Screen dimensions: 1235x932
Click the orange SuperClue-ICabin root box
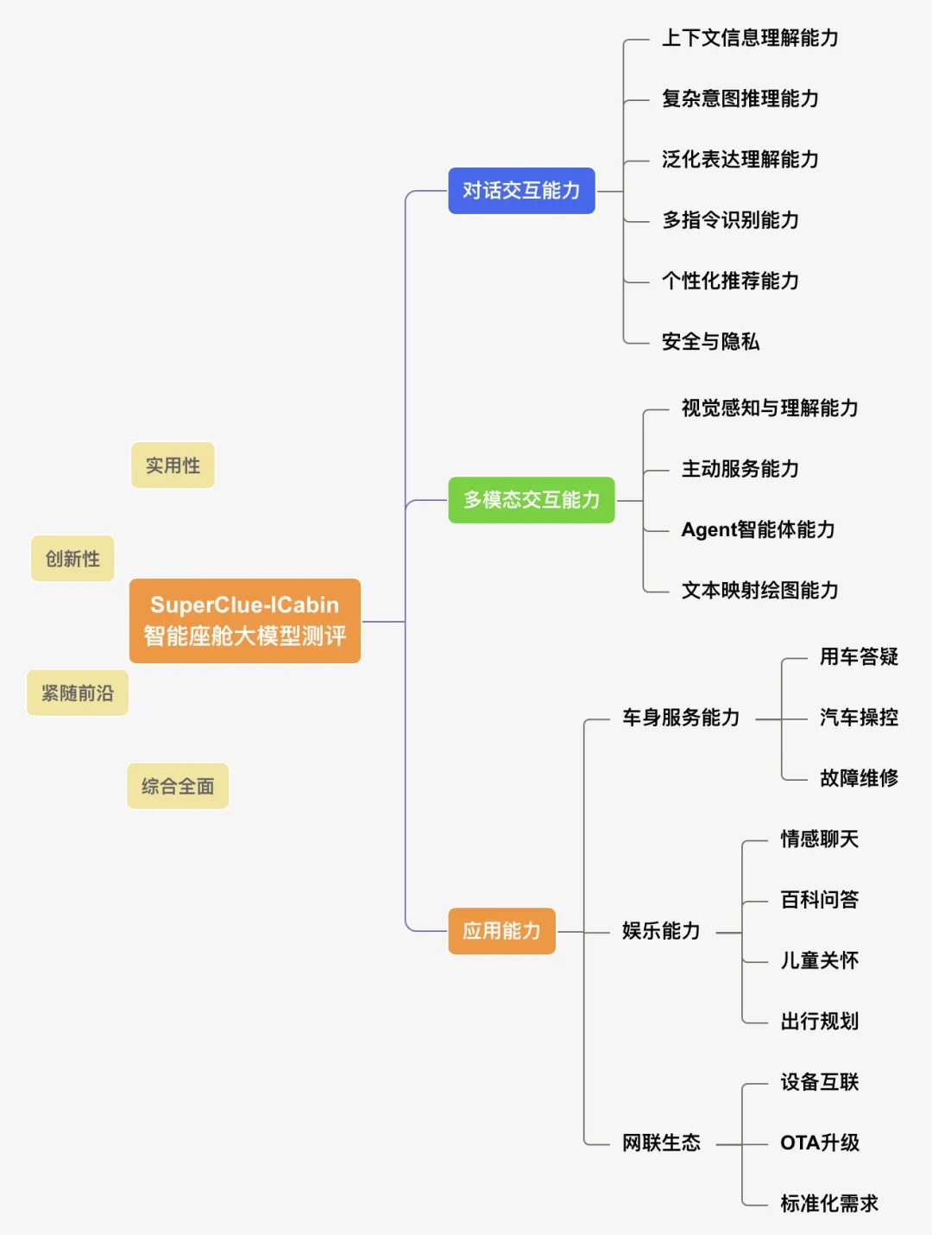coord(244,621)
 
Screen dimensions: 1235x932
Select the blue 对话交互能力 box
coord(521,191)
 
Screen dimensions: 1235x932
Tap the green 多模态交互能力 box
coord(531,500)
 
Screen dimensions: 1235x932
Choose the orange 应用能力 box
coord(501,931)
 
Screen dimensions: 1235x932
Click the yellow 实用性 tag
coord(173,465)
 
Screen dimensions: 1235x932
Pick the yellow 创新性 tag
coord(72,559)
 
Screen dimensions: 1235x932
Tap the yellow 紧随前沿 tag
coord(78,693)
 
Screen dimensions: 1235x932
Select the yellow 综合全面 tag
coord(178,786)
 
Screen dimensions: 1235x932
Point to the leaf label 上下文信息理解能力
coord(750,38)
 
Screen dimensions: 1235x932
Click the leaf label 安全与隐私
coord(710,342)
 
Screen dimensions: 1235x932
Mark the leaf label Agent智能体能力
coord(758,529)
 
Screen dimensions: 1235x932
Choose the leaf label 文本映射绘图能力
coord(759,591)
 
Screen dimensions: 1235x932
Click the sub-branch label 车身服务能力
coord(681,718)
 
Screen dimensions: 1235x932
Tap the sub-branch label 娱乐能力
coord(661,931)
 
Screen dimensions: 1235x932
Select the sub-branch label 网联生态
coord(661,1143)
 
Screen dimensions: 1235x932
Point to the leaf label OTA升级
coord(819,1143)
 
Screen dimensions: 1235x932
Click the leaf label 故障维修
coord(859,778)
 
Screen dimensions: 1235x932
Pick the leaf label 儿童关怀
coord(819,961)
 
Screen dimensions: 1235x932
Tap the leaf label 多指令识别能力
coord(730,220)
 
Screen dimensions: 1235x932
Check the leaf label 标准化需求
coord(828,1204)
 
